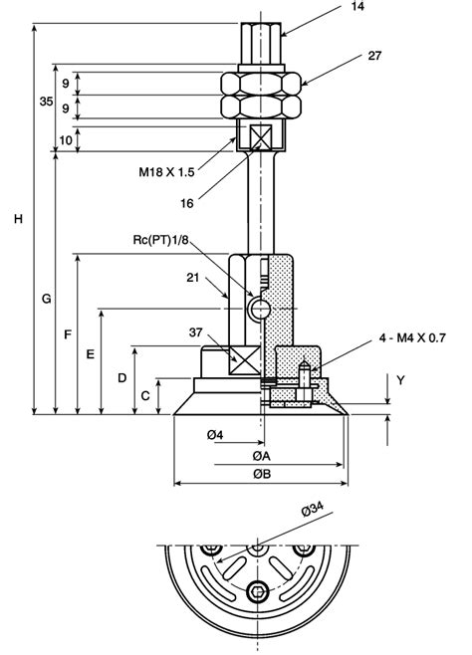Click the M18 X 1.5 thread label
pos(166,171)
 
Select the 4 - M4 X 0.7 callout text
pos(412,337)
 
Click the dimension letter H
pos(18,218)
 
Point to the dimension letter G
pos(47,299)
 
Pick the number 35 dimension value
pos(47,102)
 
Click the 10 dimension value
pos(66,140)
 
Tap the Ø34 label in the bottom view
pos(312,510)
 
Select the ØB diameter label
pos(262,474)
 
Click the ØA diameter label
pos(262,456)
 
